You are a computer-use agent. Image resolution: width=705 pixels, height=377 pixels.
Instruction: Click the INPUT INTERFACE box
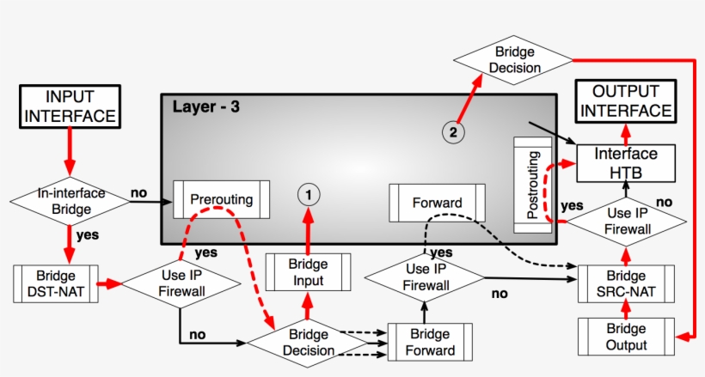(68, 106)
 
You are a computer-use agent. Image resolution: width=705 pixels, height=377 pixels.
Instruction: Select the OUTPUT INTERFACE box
(625, 101)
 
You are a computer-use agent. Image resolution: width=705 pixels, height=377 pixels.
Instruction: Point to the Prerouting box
(221, 199)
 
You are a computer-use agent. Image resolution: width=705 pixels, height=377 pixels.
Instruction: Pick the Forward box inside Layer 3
(437, 204)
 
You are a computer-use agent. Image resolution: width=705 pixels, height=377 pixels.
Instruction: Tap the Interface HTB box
(627, 162)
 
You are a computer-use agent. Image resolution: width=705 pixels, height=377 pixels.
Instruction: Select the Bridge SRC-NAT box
(625, 284)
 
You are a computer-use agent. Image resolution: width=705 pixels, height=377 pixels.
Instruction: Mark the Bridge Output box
(625, 337)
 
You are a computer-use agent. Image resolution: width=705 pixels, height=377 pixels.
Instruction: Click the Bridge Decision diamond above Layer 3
(512, 59)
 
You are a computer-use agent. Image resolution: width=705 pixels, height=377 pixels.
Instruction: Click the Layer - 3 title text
(205, 107)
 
